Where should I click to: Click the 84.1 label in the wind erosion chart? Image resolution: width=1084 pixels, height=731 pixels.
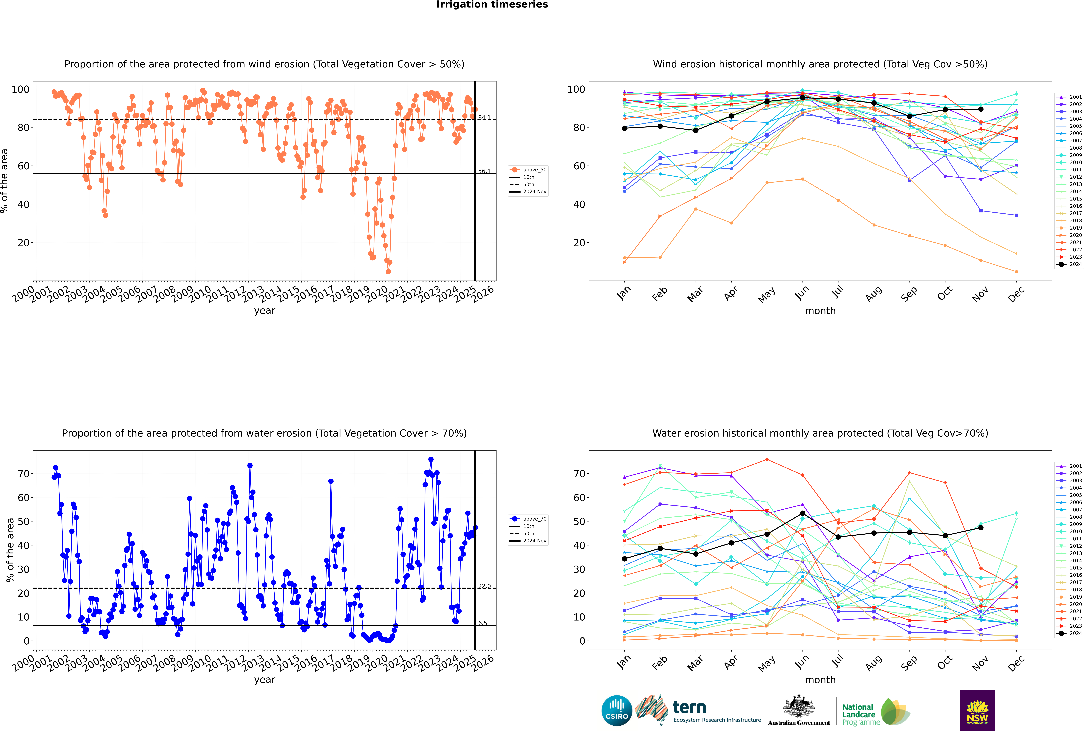pyautogui.click(x=484, y=117)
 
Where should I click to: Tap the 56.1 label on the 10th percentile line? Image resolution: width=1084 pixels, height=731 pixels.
pyautogui.click(x=484, y=171)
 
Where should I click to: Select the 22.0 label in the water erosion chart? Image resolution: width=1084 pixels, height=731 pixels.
pyautogui.click(x=484, y=586)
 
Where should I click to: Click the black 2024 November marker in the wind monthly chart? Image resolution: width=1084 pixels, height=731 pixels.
pyautogui.click(x=980, y=109)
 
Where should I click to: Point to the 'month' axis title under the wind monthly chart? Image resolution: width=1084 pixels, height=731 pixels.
pyautogui.click(x=820, y=311)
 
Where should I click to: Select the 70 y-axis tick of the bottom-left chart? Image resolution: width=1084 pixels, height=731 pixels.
pyautogui.click(x=23, y=474)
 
